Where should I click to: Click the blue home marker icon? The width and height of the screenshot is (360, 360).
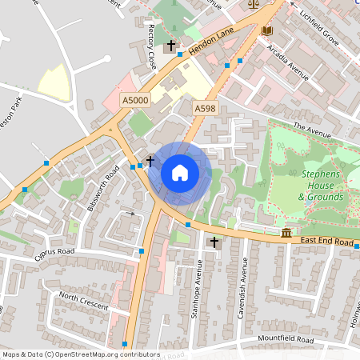(x=180, y=172)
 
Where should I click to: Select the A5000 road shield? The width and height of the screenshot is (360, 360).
(x=134, y=100)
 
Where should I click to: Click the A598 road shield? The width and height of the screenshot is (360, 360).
(x=205, y=107)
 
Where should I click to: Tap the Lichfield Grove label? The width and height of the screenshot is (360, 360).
(x=321, y=26)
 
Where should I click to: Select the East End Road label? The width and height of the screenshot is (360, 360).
(x=327, y=239)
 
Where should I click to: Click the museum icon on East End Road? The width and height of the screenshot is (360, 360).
(x=286, y=233)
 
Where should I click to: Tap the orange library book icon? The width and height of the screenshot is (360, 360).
(x=266, y=31)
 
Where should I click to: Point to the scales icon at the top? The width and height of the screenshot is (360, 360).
(x=254, y=3)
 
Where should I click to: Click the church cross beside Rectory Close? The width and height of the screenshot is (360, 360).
(x=172, y=46)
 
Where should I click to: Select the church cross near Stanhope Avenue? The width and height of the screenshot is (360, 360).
(x=214, y=242)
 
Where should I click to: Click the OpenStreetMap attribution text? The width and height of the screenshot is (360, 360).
(x=80, y=354)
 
